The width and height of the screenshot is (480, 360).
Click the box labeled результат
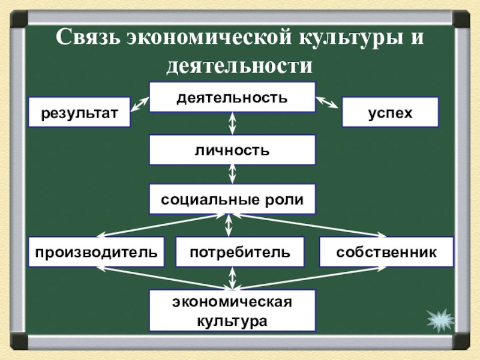(x=80, y=112)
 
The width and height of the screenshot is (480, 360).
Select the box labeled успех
(x=390, y=112)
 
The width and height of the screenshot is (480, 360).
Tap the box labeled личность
(x=232, y=149)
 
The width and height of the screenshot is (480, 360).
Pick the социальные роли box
(x=232, y=199)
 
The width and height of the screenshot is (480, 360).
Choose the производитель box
(x=96, y=252)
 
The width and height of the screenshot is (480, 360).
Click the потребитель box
(x=239, y=252)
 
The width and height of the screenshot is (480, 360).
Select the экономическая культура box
(x=232, y=310)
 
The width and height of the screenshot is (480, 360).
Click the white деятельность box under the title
(x=232, y=97)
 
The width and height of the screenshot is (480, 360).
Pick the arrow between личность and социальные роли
(x=232, y=174)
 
